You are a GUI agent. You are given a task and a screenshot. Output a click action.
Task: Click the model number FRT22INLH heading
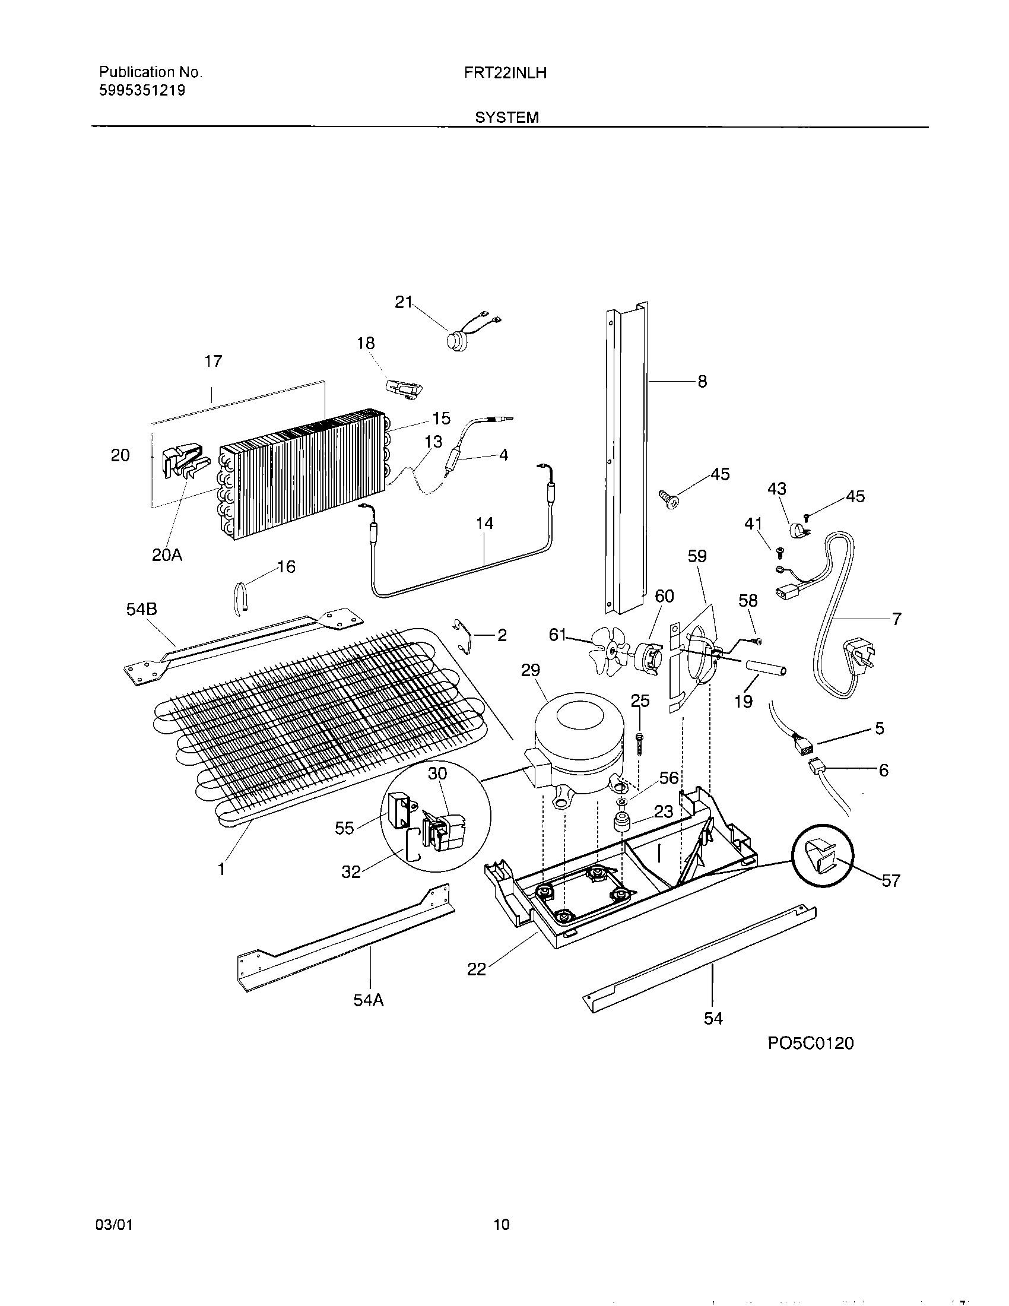coord(506,73)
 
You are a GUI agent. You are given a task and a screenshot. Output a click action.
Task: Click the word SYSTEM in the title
coord(506,118)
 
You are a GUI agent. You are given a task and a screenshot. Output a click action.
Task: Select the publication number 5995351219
coord(142,91)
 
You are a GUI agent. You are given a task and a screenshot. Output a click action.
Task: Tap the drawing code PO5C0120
coord(811,1044)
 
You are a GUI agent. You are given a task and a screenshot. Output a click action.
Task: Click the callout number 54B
coord(142,609)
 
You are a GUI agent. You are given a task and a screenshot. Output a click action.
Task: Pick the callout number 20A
coord(167,556)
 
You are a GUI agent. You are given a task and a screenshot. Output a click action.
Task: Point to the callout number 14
coord(484,523)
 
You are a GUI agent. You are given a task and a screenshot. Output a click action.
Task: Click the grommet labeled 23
coord(624,822)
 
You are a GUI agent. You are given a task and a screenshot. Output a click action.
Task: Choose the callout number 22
coord(477,969)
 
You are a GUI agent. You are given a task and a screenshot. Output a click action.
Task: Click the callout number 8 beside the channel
coord(702,382)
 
